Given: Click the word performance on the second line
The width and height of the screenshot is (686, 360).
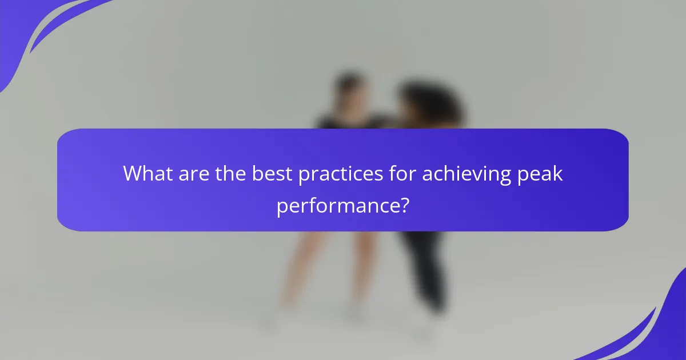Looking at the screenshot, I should point(338,205).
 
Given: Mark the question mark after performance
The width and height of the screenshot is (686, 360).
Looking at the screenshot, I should point(404,205).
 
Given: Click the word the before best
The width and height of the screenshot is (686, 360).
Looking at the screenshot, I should point(232,173).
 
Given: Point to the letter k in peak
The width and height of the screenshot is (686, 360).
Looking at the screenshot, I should point(558,173).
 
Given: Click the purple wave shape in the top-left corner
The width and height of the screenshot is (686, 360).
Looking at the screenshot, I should point(34,29).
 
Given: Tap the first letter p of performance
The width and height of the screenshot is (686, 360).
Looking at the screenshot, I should point(282,207).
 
